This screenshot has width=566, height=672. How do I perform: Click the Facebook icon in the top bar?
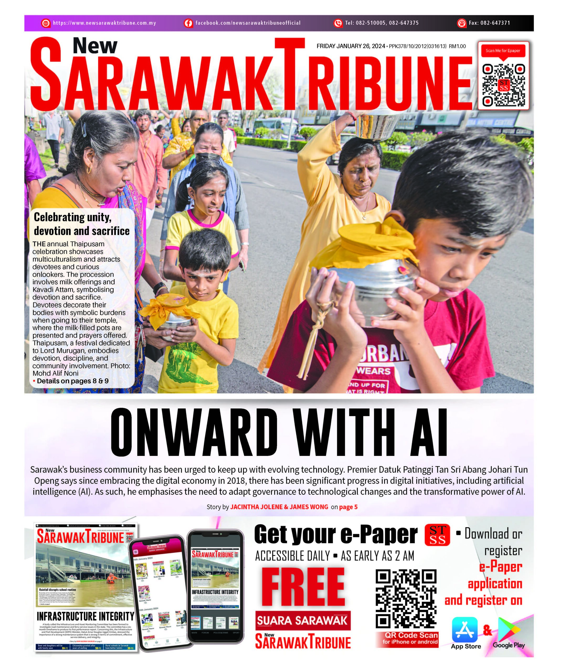pyautogui.click(x=188, y=23)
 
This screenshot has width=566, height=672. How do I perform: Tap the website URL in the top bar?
pyautogui.click(x=104, y=23)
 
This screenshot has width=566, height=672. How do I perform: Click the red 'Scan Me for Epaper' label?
pyautogui.click(x=503, y=51)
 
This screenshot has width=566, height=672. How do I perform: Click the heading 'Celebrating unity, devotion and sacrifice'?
pyautogui.click(x=82, y=224)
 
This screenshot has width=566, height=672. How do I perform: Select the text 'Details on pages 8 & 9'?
pyautogui.click(x=72, y=381)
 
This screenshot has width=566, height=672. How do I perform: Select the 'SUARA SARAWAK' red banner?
pyautogui.click(x=303, y=620)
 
